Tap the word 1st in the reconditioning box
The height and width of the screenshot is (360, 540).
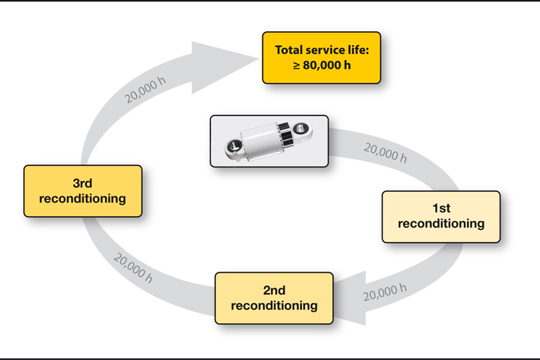click(440, 209)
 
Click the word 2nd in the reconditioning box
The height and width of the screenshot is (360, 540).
click(274, 290)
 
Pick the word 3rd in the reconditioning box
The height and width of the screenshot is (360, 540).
click(82, 183)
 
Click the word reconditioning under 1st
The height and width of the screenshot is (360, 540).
click(440, 224)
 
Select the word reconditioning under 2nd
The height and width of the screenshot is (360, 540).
click(274, 305)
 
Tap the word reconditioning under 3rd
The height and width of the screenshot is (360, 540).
click(82, 199)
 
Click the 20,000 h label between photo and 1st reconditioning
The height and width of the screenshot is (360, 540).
click(385, 153)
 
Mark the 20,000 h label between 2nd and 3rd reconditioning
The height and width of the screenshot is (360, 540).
click(133, 268)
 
